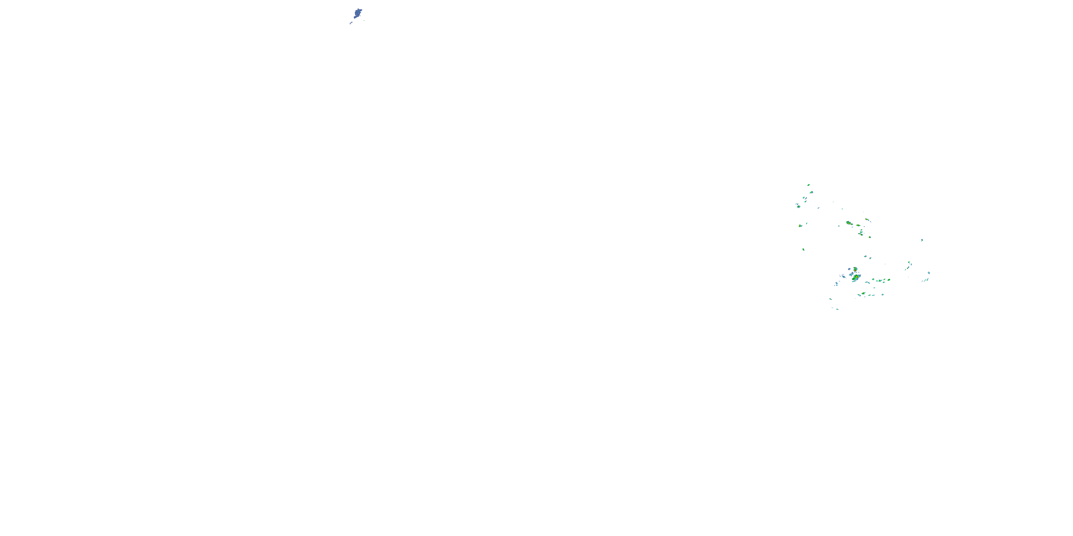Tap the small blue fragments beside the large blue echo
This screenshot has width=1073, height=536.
pyautogui.click(x=351, y=23)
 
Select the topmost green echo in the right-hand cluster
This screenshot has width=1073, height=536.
pyautogui.click(x=808, y=185)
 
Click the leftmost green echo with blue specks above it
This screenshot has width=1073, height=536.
pyautogui.click(x=799, y=206)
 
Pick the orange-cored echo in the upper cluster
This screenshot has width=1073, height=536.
pyautogui.click(x=867, y=219)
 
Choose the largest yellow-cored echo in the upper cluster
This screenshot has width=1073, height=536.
pyautogui.click(x=848, y=223)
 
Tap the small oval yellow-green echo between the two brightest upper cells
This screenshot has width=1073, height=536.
pyautogui.click(x=858, y=225)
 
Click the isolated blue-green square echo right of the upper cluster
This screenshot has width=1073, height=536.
pyautogui.click(x=922, y=240)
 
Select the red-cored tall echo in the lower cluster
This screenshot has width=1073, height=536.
pyautogui.click(x=855, y=269)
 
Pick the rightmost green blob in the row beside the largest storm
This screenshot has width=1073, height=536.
pyautogui.click(x=885, y=280)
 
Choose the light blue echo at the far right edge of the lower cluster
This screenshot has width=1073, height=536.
pyautogui.click(x=929, y=273)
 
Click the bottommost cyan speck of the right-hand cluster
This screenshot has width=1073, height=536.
pyautogui.click(x=837, y=309)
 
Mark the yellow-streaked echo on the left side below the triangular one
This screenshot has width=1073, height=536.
pyautogui.click(x=800, y=225)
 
